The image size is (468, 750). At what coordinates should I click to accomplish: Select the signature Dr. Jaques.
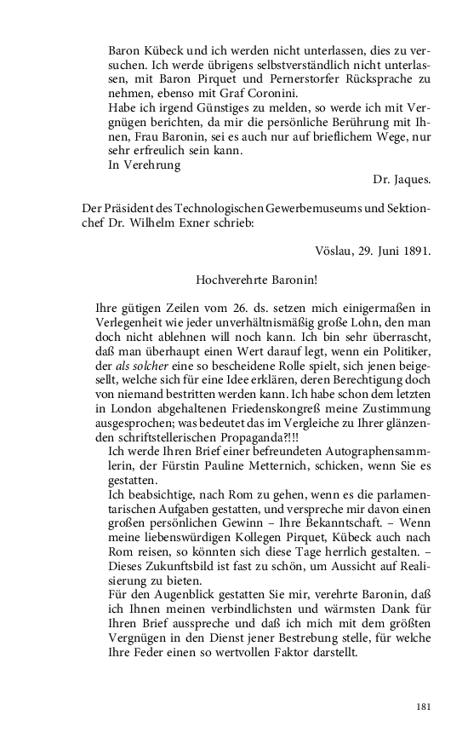point(401,180)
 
